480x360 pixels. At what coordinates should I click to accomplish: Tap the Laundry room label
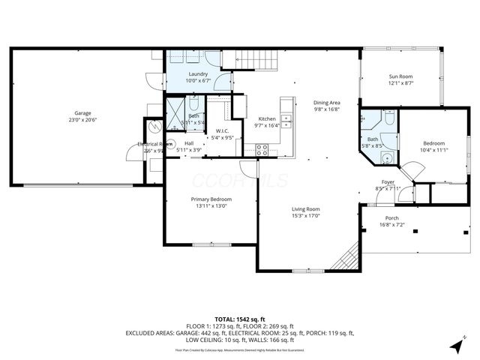[198, 74]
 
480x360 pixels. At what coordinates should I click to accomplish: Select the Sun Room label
[400, 76]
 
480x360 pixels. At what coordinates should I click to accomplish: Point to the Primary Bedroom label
[211, 199]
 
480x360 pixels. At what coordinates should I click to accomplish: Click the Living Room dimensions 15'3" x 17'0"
[305, 216]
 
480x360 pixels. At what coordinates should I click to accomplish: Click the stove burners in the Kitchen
[262, 148]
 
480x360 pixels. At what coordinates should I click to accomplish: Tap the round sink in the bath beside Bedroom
[385, 157]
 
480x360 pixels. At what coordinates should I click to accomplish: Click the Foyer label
[388, 182]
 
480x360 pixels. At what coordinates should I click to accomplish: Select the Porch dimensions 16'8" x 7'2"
[392, 225]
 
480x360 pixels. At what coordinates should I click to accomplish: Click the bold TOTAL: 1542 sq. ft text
[239, 319]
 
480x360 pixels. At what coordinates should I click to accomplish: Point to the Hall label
[190, 143]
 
